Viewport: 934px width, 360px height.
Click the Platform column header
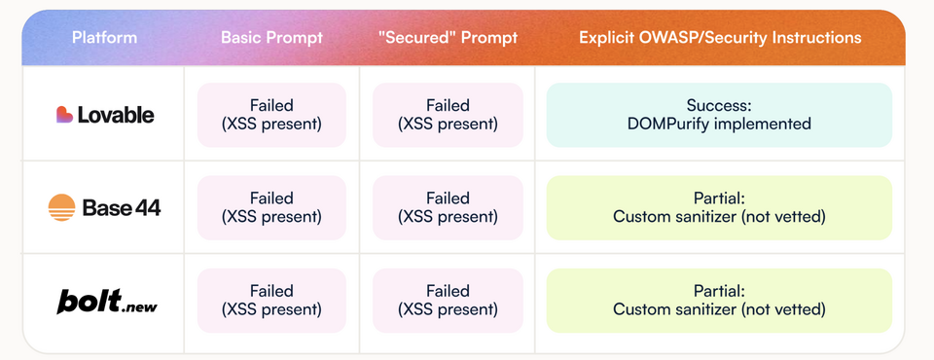click(104, 38)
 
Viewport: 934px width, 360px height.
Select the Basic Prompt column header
click(271, 38)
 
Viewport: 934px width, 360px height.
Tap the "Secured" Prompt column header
click(448, 38)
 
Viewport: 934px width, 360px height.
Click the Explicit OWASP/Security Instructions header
click(720, 38)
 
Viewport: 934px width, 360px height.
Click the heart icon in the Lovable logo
click(64, 115)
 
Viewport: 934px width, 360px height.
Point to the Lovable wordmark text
click(116, 115)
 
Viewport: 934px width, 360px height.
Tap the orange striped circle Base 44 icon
click(62, 207)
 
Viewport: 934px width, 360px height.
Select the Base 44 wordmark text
click(122, 208)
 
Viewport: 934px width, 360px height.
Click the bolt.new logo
click(107, 301)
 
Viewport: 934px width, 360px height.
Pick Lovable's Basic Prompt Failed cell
click(271, 115)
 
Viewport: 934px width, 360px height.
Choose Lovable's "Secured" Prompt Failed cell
click(448, 115)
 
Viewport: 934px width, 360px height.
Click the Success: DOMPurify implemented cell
click(720, 115)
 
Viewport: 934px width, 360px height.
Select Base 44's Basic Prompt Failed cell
click(271, 208)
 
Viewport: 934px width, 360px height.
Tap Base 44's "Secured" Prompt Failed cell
click(448, 208)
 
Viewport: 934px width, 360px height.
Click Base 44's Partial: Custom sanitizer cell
click(720, 208)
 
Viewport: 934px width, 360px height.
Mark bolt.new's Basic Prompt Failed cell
click(271, 301)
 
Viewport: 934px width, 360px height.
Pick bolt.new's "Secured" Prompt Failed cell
click(448, 301)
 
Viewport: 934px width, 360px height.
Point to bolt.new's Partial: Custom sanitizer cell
click(720, 301)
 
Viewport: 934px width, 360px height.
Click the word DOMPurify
click(669, 124)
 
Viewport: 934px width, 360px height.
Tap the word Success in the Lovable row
click(717, 105)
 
